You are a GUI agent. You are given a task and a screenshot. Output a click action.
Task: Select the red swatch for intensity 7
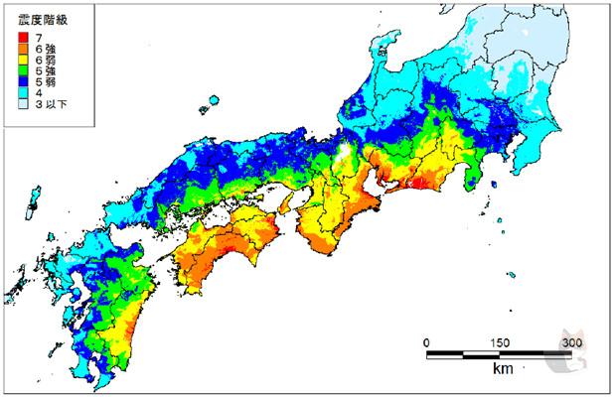click(x=23, y=37)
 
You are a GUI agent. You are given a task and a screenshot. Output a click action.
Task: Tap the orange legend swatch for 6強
click(x=23, y=49)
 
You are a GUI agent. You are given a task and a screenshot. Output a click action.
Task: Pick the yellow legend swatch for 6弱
click(x=23, y=60)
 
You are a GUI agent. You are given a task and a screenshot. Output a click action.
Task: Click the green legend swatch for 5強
click(x=23, y=71)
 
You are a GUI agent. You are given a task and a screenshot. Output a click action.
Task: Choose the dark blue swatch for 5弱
click(x=23, y=82)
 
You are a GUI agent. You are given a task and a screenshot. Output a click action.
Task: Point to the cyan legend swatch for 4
click(x=23, y=93)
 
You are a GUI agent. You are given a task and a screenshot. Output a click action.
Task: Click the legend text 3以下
click(x=51, y=105)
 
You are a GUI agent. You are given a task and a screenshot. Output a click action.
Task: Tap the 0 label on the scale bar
click(x=426, y=342)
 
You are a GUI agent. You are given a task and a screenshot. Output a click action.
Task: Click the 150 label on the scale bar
click(x=500, y=342)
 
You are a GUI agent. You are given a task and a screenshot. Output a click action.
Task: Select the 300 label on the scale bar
click(x=572, y=342)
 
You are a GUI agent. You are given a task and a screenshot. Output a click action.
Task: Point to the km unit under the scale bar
click(x=501, y=369)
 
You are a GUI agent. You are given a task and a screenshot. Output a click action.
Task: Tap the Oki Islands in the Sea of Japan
click(x=212, y=102)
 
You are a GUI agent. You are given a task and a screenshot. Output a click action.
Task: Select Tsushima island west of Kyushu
click(x=30, y=209)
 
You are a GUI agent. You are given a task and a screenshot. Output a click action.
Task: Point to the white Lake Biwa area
click(x=342, y=158)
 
